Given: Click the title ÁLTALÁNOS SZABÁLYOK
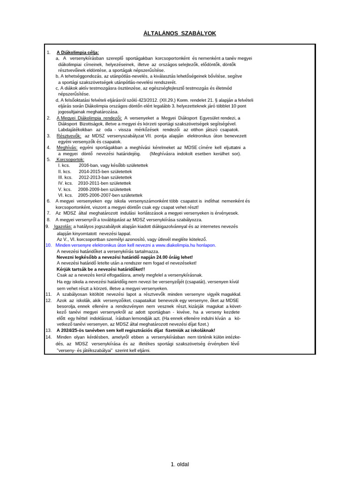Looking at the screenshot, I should [180, 33].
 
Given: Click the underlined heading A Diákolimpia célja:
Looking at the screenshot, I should [78, 52].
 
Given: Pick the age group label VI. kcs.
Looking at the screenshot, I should [64, 195].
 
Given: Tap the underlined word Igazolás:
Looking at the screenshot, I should [62, 226].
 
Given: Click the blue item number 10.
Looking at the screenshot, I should [49, 245].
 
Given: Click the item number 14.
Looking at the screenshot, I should [49, 337].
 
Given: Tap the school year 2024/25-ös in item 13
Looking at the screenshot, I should [75, 330].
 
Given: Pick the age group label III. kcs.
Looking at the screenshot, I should [65, 177].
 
